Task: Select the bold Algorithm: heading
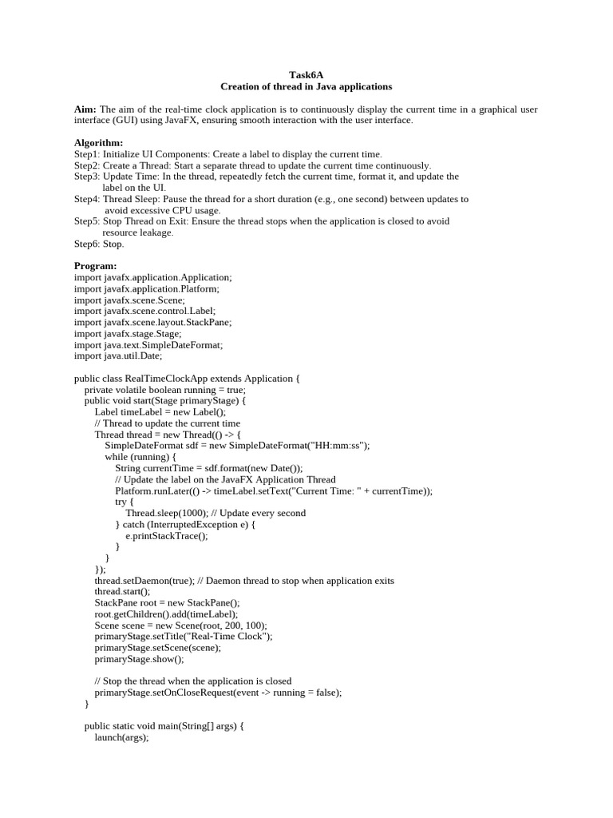point(99,142)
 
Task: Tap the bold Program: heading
point(96,265)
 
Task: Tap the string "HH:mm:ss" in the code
point(344,446)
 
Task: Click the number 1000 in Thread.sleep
point(195,513)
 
